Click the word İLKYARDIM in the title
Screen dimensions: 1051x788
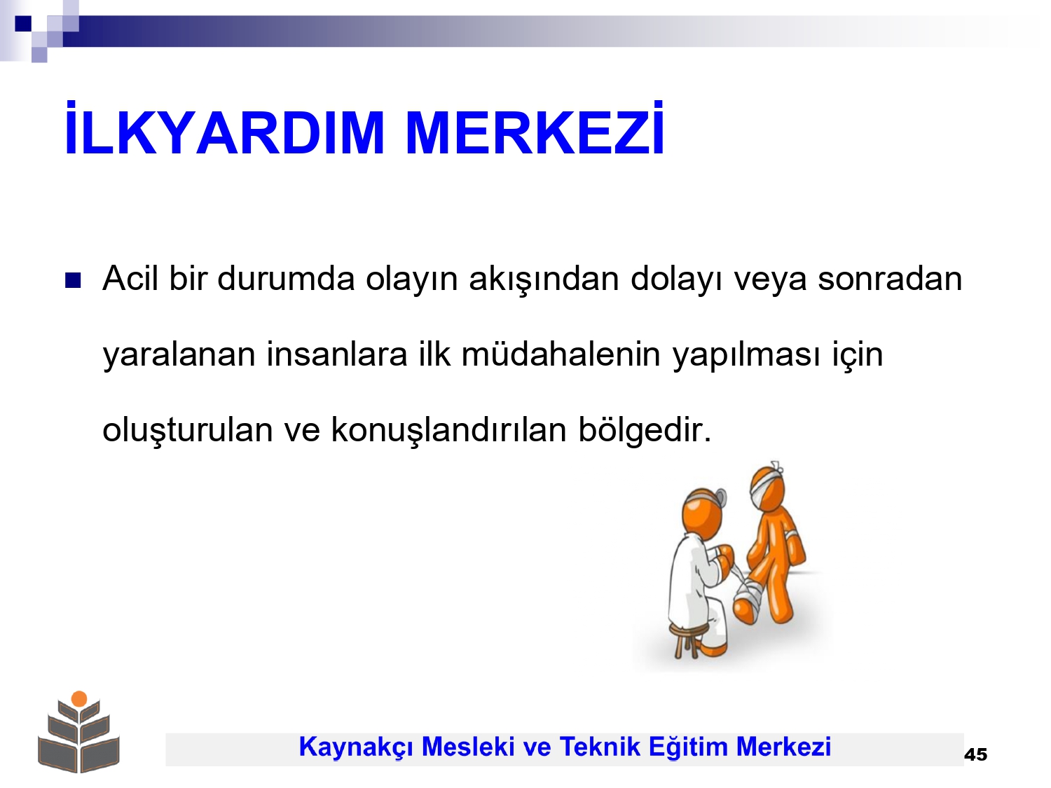coord(224,127)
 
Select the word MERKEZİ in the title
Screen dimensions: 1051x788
coord(535,127)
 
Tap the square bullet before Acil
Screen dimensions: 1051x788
coord(73,280)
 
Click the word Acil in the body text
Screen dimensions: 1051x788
coord(130,278)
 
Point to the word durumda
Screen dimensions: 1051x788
coord(286,278)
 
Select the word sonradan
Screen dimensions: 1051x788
coord(890,278)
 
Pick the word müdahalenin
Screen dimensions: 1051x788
coord(561,354)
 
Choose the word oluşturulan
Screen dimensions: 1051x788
coord(187,430)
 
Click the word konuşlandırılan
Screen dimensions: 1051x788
coord(449,430)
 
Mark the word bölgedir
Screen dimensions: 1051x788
coord(645,430)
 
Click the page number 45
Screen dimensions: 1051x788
coord(975,754)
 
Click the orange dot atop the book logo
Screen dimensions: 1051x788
coord(79,699)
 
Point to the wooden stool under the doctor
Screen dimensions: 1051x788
coord(689,640)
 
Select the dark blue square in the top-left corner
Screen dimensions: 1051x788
coord(23,23)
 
